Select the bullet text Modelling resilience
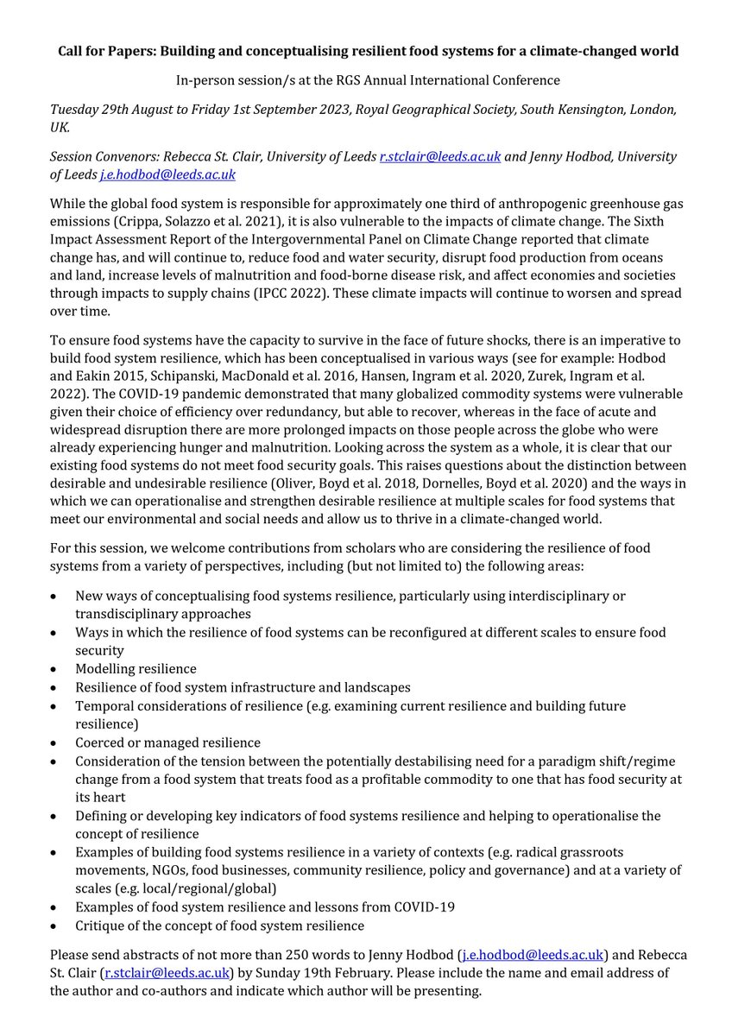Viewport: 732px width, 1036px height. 136,669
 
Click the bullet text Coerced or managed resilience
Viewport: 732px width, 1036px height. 167,742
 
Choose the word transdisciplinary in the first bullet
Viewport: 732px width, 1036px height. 128,614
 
